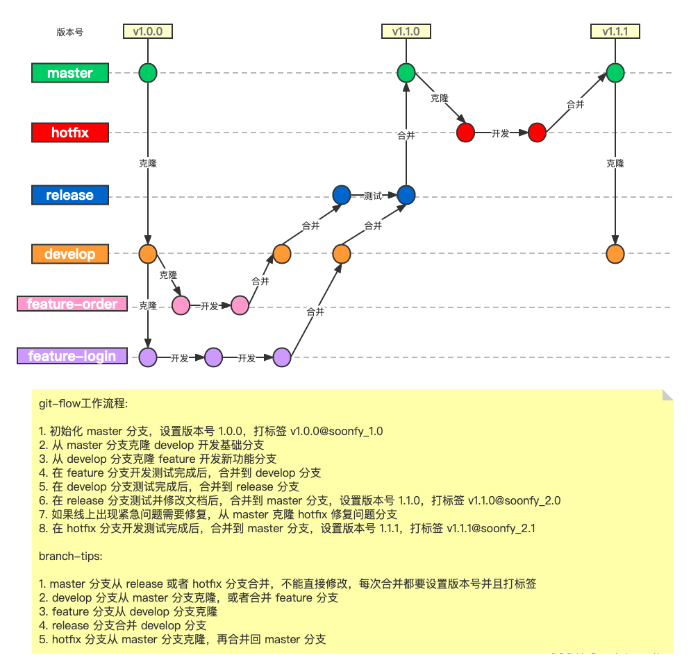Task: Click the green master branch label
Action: tap(70, 73)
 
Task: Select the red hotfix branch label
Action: tap(70, 133)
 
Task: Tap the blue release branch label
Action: tap(70, 195)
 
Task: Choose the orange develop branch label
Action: tap(70, 254)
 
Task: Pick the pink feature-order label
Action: tap(72, 304)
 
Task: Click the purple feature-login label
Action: tap(72, 356)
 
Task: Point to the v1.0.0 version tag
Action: tap(147, 31)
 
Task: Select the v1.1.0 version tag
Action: tap(406, 31)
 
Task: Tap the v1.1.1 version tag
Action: tap(615, 31)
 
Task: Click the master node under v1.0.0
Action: tap(147, 73)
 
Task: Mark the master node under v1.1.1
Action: tap(615, 73)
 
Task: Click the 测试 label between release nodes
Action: tap(373, 196)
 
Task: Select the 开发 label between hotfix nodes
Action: tap(500, 133)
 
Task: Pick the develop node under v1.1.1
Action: tap(615, 254)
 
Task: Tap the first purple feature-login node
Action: tap(147, 357)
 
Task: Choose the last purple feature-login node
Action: tap(281, 357)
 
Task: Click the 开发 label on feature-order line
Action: tap(210, 305)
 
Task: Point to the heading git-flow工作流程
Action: tap(83, 403)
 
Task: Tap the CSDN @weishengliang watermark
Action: tap(614, 656)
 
